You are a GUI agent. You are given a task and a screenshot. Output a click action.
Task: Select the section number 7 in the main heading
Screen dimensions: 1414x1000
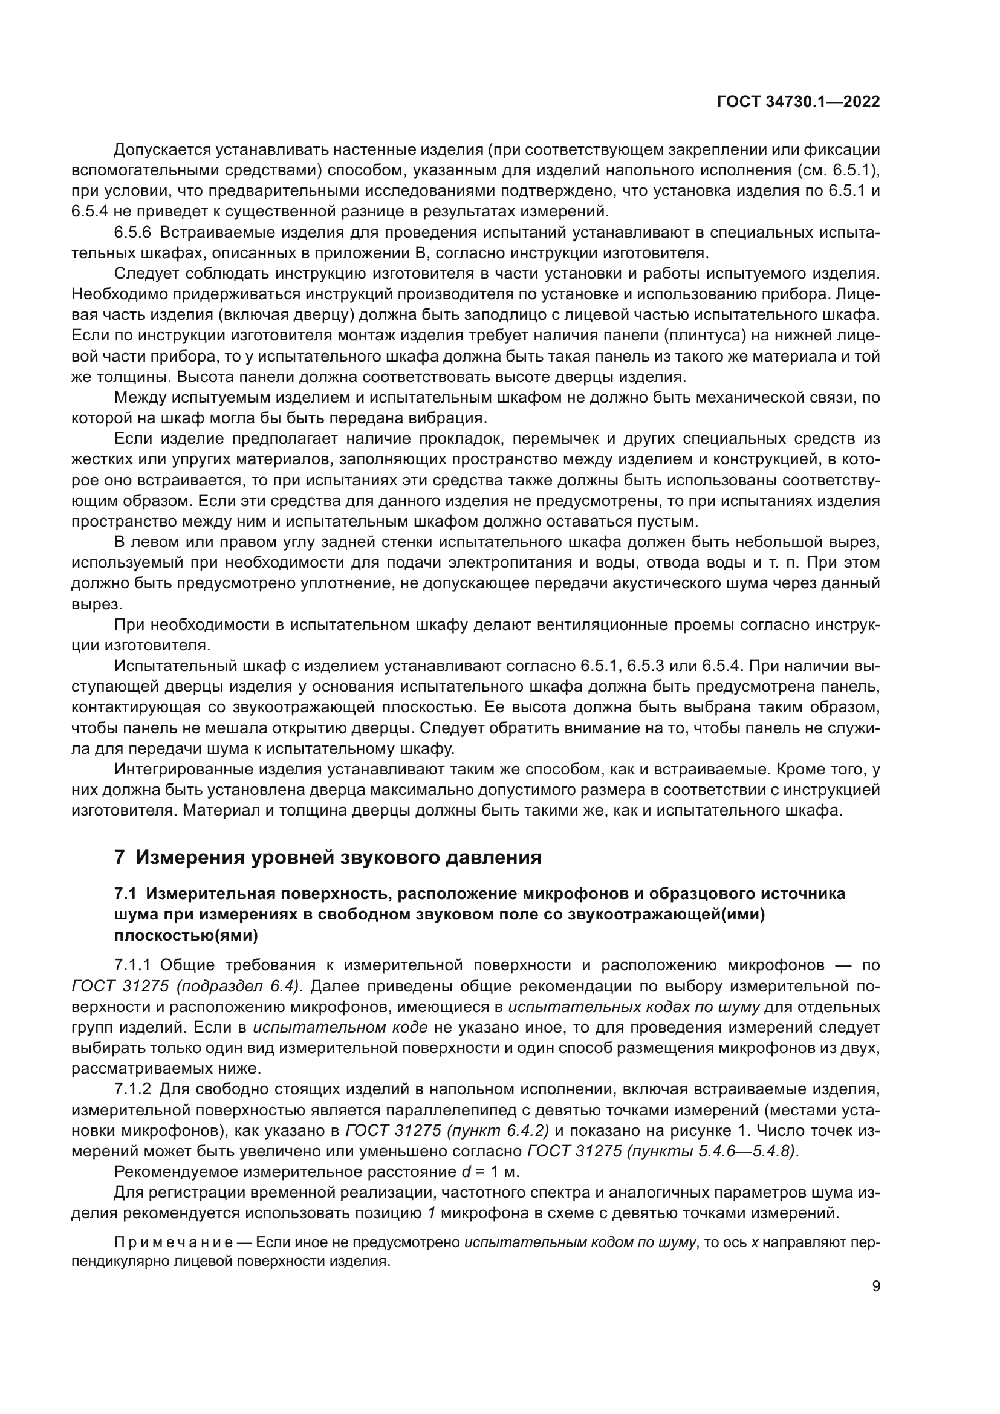120,857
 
